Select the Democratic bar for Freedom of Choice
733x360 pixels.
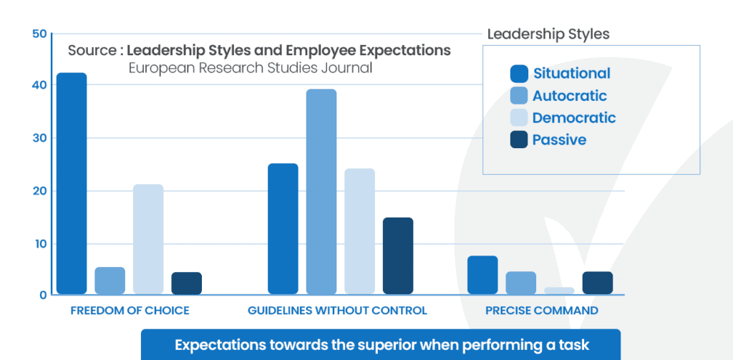tap(148, 239)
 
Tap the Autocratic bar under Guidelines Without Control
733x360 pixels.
tap(321, 191)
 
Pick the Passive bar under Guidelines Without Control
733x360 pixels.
tap(398, 256)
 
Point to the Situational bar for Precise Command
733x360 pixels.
tap(482, 275)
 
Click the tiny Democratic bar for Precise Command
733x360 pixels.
tap(559, 291)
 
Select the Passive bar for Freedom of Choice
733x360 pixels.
tap(186, 283)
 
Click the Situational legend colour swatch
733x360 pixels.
tap(519, 74)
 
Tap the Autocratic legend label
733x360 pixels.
tap(569, 96)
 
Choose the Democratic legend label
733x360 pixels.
tap(574, 118)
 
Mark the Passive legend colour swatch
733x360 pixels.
tap(519, 140)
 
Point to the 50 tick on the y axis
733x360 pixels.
tap(39, 34)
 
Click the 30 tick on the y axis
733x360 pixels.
tap(39, 138)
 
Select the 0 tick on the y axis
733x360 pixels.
tap(43, 295)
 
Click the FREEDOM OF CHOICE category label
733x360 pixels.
tap(130, 311)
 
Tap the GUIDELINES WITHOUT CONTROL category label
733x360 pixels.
tap(337, 311)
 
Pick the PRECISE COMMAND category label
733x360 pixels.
tap(541, 311)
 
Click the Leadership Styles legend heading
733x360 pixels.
tap(548, 34)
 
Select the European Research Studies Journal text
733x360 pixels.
tap(251, 69)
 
